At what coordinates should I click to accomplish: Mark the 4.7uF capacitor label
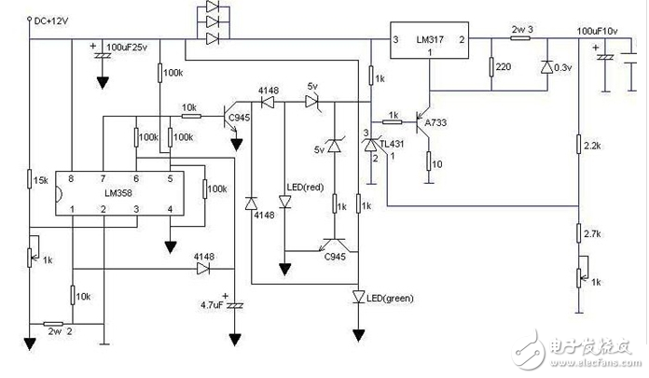(214, 303)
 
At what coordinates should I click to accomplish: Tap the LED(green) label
(389, 299)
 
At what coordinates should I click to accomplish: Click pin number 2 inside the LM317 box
(460, 41)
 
